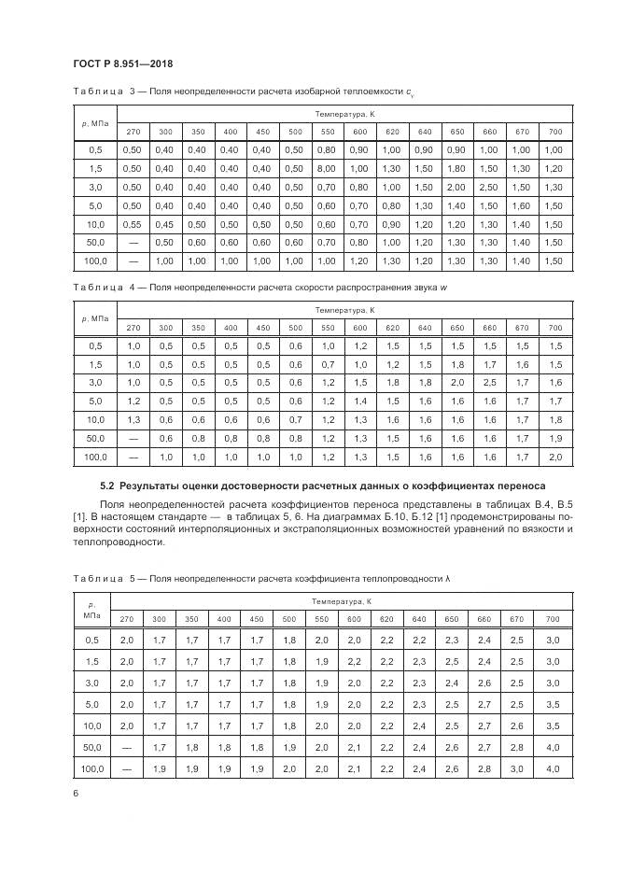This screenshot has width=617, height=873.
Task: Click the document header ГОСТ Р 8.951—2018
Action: point(121,63)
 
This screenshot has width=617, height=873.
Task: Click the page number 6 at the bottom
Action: point(75,792)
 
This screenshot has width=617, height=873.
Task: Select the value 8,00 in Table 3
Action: point(326,168)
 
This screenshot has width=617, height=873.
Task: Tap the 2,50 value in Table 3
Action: point(489,187)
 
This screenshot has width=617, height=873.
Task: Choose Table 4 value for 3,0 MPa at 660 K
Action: point(489,383)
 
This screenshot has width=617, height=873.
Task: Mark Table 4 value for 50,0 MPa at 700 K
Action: point(555,439)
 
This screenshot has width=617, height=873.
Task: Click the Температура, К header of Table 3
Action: point(344,113)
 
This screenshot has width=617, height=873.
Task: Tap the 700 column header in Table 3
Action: point(555,131)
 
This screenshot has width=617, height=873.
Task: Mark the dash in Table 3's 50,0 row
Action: point(133,243)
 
